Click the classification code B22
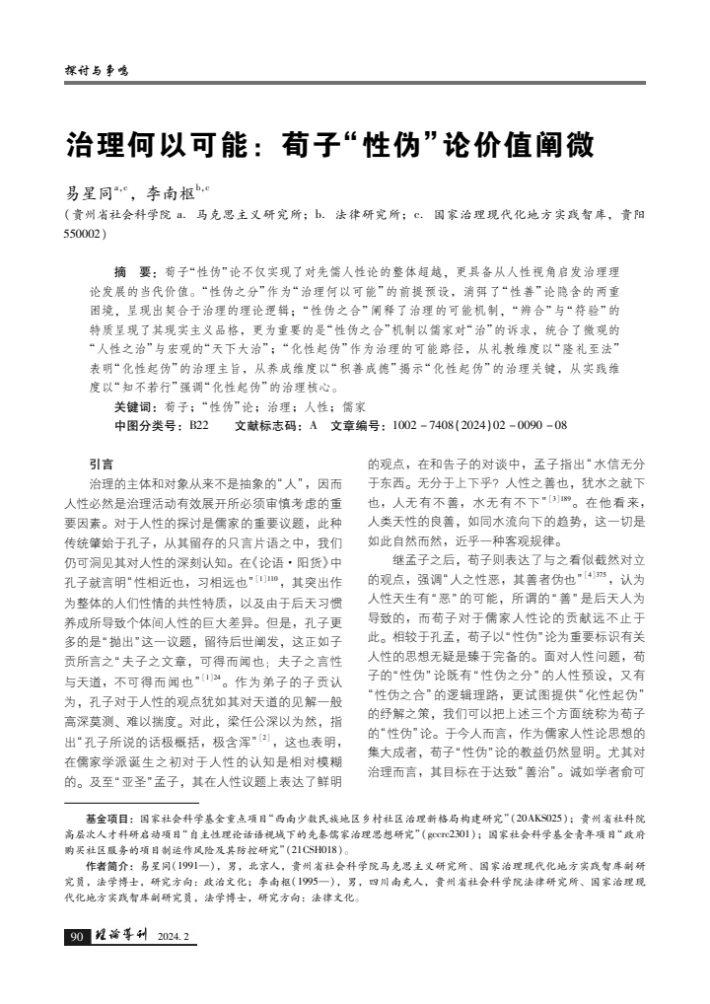(198, 424)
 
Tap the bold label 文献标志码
(269, 424)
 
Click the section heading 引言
(101, 463)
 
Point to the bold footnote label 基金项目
(108, 819)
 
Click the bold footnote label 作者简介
(108, 865)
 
